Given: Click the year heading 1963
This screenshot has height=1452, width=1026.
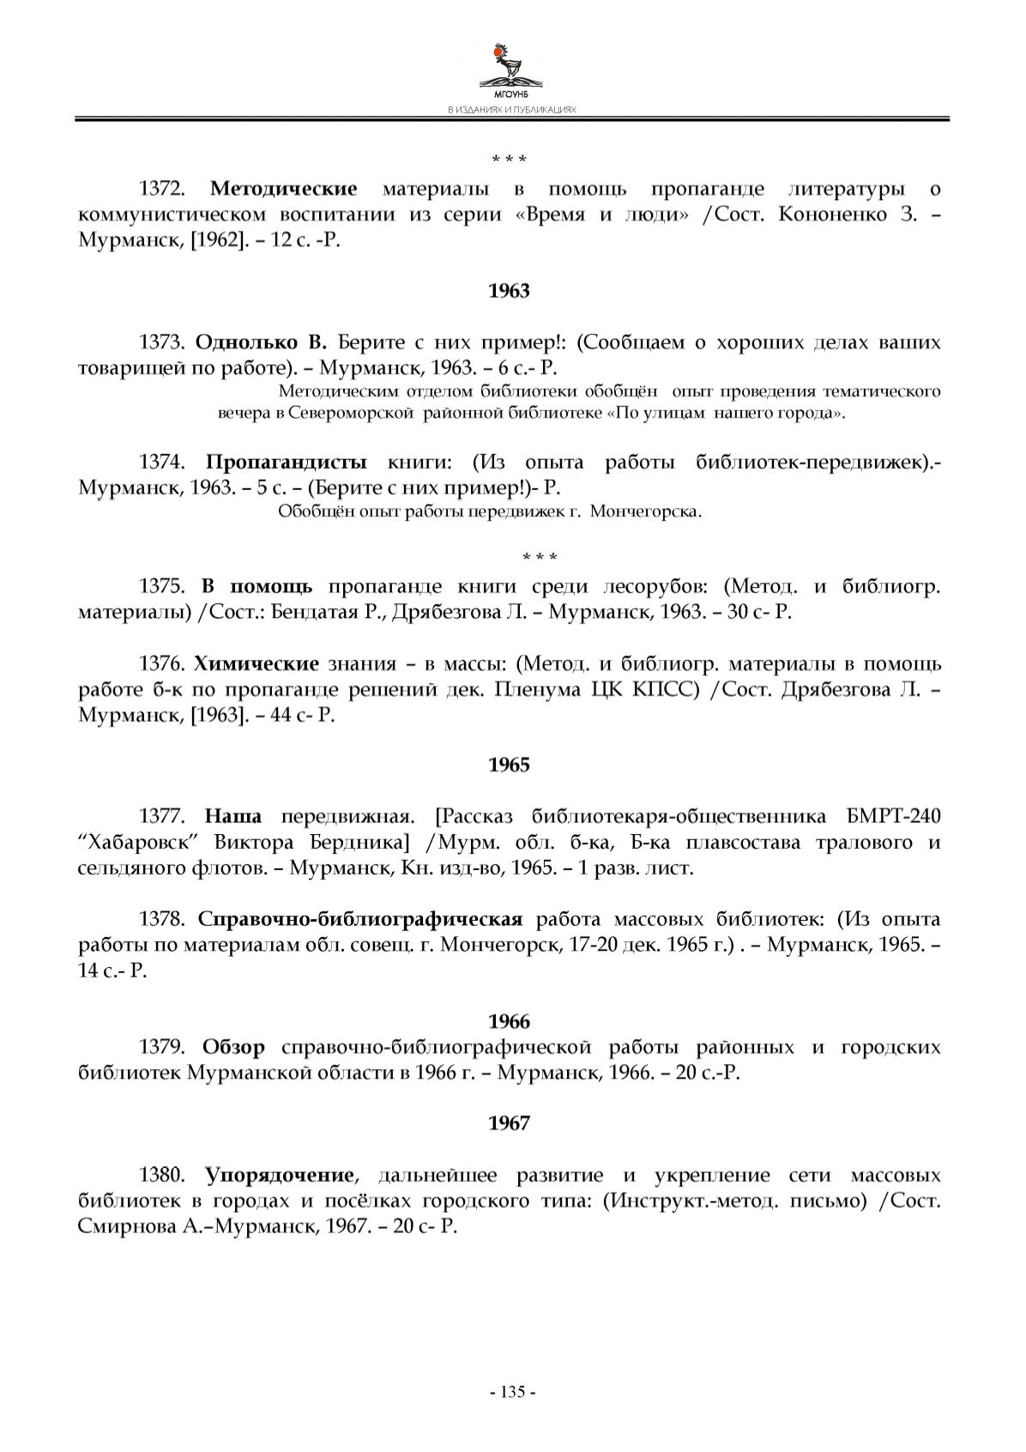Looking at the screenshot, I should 509,291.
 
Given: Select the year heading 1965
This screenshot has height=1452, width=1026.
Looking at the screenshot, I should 509,765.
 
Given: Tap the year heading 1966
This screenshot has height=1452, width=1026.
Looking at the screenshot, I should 509,1021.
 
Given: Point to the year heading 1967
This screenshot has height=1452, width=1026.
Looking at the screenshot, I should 509,1123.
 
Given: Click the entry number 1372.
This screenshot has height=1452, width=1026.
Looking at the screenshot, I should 163,189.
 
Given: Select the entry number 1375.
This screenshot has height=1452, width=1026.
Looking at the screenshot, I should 163,587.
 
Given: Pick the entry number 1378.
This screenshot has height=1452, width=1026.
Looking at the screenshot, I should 163,920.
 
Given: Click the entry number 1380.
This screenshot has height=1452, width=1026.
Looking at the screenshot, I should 163,1175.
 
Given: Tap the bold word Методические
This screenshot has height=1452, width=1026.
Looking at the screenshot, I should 284,189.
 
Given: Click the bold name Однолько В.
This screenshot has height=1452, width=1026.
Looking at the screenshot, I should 261,343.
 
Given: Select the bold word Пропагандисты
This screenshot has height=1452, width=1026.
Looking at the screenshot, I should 287,463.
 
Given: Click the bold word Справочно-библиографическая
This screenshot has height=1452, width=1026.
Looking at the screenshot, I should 360,920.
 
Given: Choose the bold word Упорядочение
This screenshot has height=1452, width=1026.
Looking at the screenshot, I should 280,1175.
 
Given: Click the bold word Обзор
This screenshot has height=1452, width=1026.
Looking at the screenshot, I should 233,1048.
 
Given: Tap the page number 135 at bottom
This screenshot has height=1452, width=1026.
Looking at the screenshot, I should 512,1392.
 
